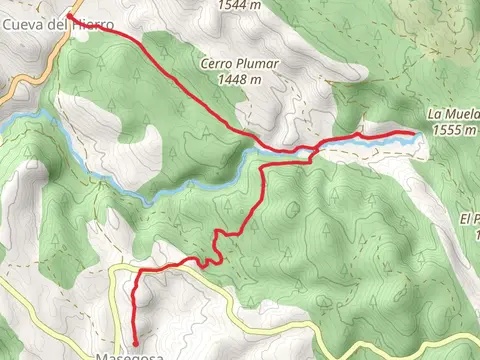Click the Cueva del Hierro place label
point(56,22)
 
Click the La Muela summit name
point(454,114)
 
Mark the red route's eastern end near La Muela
point(414,133)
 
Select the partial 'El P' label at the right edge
point(470,218)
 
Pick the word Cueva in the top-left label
point(21,22)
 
